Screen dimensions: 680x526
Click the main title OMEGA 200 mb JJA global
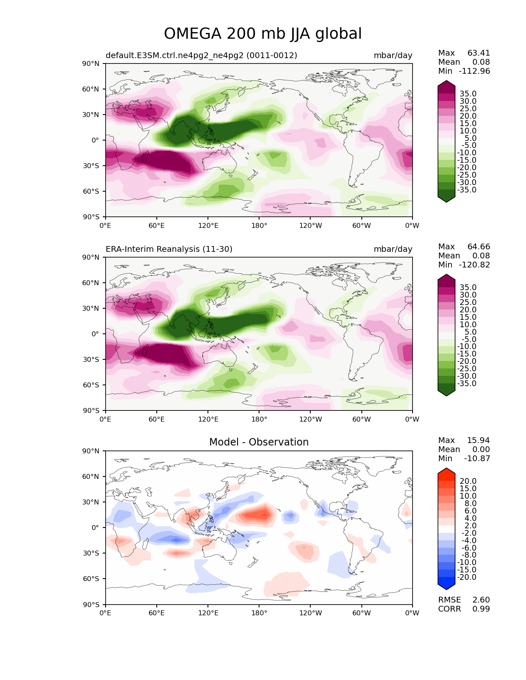click(263, 34)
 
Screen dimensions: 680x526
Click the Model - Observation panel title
click(259, 442)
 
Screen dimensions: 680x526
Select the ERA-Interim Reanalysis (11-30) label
click(169, 249)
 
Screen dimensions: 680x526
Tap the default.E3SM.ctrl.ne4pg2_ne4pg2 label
click(201, 56)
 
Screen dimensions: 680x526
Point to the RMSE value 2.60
click(481, 600)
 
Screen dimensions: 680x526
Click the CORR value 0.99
click(481, 609)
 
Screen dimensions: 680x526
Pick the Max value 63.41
click(479, 53)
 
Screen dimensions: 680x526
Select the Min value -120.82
click(474, 265)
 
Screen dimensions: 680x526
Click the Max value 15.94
click(479, 441)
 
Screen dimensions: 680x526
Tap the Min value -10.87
click(477, 459)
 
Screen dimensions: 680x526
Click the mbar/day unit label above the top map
click(393, 56)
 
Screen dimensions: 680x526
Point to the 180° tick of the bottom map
click(259, 613)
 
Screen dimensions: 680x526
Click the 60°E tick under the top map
click(157, 225)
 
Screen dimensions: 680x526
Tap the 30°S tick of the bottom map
click(92, 553)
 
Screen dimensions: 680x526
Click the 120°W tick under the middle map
click(310, 420)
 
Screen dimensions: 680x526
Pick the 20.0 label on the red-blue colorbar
click(468, 481)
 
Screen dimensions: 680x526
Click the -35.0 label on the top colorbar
click(467, 190)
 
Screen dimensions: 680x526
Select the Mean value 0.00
click(481, 450)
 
